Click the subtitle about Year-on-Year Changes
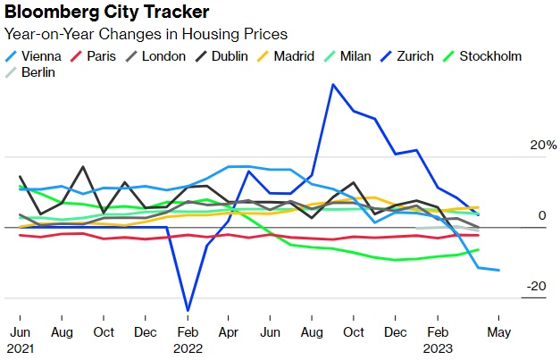click(x=146, y=34)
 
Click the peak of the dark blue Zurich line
click(x=332, y=85)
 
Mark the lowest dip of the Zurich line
click(x=188, y=310)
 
